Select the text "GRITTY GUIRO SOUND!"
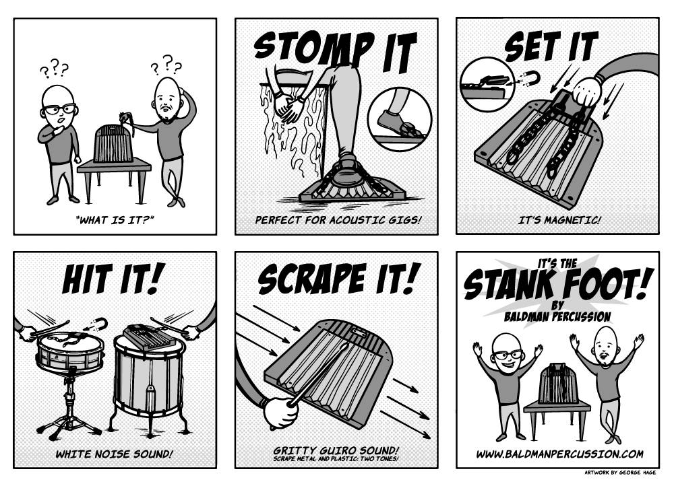(336, 450)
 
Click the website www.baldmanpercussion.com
(559, 454)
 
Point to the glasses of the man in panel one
(59, 108)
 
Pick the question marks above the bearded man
(166, 65)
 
